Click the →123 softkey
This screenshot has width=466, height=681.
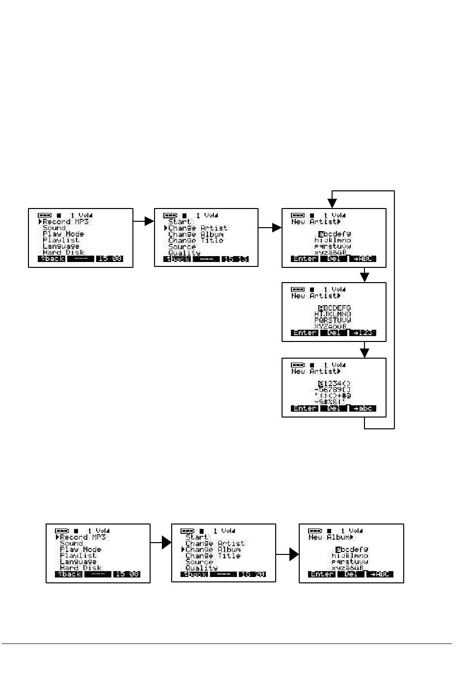coord(363,333)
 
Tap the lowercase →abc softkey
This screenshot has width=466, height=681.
coord(363,409)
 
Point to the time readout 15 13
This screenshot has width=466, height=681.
coord(235,259)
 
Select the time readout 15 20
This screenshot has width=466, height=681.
coord(252,575)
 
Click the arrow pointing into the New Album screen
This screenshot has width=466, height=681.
coord(293,554)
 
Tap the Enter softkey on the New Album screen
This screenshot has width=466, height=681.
coord(322,575)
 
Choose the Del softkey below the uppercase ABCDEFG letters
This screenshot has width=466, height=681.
coord(334,333)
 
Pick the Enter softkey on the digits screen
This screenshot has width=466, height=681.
coord(305,409)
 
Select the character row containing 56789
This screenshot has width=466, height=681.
coord(333,390)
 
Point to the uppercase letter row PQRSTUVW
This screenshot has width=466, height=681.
coord(333,320)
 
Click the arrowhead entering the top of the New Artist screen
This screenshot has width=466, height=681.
coord(333,203)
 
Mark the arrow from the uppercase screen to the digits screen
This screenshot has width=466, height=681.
coord(364,350)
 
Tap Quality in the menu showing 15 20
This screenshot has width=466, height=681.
coord(202,568)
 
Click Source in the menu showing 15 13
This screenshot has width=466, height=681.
coord(182,247)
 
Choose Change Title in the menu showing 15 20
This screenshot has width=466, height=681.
coord(213,556)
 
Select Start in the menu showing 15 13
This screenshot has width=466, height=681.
coord(180,222)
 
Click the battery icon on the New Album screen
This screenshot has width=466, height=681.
coord(315,531)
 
